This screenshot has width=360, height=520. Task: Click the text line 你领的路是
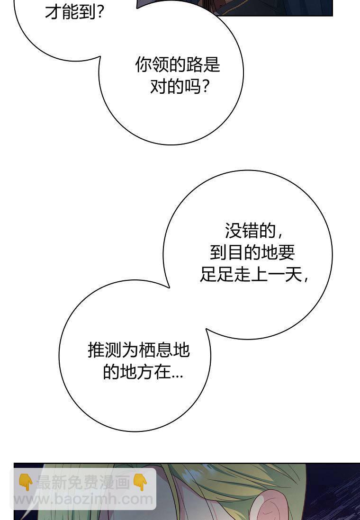point(178,65)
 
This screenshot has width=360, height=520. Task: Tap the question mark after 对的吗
point(205,87)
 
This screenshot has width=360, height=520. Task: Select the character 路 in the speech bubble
point(194,65)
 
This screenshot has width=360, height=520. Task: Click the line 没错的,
point(253,231)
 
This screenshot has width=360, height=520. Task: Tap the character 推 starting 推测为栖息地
point(96,350)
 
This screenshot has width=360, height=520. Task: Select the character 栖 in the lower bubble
point(147,350)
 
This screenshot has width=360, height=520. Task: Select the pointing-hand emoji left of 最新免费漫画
point(25,483)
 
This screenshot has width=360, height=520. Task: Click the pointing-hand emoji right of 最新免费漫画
point(140,483)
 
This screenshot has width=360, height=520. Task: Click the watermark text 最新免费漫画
point(83,483)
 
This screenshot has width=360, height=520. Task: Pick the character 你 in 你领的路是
point(144,65)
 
